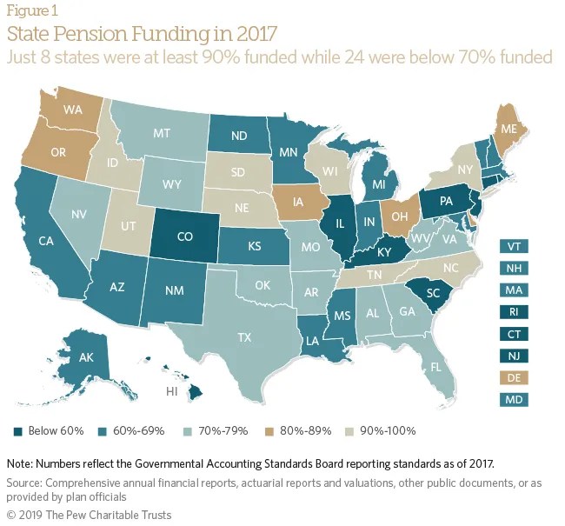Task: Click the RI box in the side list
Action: coord(514,311)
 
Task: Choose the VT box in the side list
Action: coord(514,245)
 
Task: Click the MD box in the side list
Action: coord(514,400)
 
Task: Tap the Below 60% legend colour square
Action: coord(20,431)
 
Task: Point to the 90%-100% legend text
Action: coord(390,431)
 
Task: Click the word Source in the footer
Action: coord(26,483)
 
